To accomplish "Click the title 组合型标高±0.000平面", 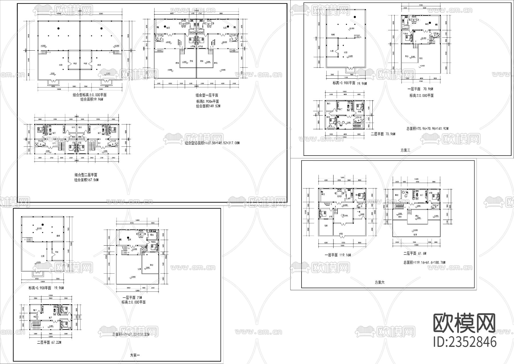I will pos(89,95).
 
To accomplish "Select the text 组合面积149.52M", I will pos(208,106).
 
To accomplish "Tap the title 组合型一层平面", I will pos(207,95).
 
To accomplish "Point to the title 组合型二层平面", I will pos(86,175).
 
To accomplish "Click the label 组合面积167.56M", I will pos(87,180).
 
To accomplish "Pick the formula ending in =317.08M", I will pos(212,143).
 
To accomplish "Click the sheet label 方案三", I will pos(405,150).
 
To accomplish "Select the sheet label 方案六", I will pos(380,282).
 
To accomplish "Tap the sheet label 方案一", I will pos(135,355).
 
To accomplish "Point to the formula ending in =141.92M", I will pos(427,129).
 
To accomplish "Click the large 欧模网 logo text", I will pos(464,324).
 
